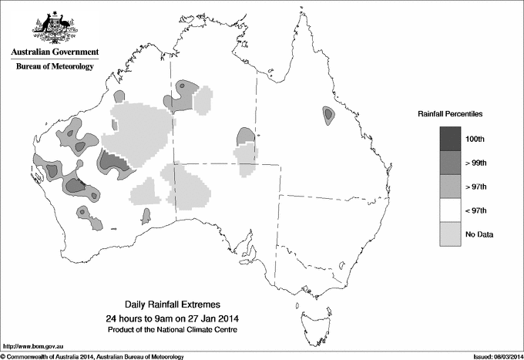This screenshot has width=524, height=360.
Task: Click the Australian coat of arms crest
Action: coord(54,28)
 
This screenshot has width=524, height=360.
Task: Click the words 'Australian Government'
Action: coord(54,52)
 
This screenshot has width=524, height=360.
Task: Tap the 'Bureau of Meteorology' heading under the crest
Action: coord(54,67)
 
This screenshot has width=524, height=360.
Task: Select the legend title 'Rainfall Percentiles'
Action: coord(450,113)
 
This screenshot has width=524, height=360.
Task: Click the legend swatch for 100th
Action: coord(451,138)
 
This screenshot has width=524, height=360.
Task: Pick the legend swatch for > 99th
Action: coord(451,162)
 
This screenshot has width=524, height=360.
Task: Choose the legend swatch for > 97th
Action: coord(451,186)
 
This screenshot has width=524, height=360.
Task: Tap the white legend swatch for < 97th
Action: coord(451,210)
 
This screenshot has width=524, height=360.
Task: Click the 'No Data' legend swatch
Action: coord(451,234)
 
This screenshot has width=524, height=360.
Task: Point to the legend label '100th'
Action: coord(485,139)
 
